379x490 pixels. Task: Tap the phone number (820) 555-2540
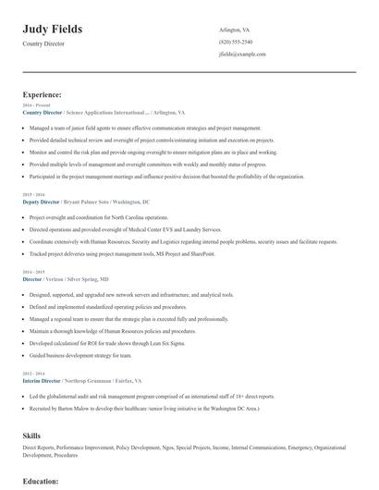[x=236, y=43]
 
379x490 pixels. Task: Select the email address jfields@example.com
[x=242, y=55]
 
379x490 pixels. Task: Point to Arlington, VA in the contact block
[x=234, y=31]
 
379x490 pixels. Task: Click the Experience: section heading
[x=43, y=94]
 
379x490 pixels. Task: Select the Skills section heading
[x=31, y=434]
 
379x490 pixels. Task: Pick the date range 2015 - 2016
[x=32, y=195]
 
